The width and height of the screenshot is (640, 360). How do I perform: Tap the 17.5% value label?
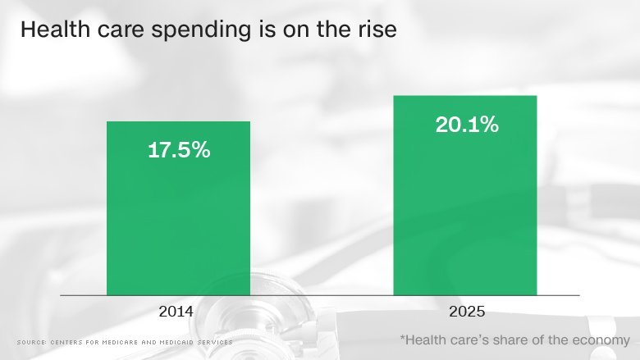[x=179, y=151]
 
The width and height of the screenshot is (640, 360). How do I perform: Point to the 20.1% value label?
[x=466, y=125]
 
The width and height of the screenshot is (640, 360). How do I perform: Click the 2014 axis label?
[x=178, y=312]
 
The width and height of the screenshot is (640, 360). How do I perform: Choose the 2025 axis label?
[x=466, y=312]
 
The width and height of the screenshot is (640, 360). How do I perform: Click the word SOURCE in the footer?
[x=30, y=342]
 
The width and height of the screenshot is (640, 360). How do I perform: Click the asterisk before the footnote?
[x=403, y=337]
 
